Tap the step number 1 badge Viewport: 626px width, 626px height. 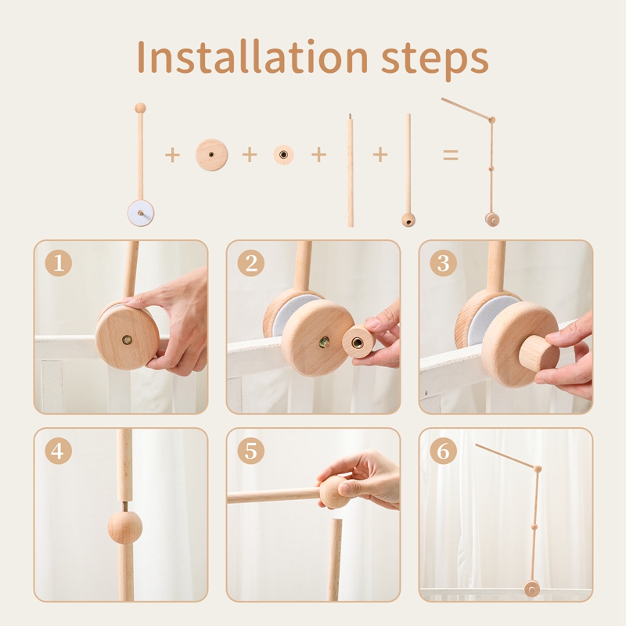pyautogui.click(x=58, y=263)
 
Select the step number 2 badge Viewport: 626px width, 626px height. pyautogui.click(x=250, y=263)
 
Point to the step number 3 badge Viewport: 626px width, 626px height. pyautogui.click(x=443, y=263)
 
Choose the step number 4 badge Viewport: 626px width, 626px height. pyautogui.click(x=58, y=452)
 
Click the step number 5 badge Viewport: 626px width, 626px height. pyautogui.click(x=250, y=452)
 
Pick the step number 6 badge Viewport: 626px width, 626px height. pyautogui.click(x=443, y=452)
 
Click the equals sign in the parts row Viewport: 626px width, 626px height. pyautogui.click(x=451, y=155)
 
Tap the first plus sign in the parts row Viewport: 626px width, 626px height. pyautogui.click(x=172, y=155)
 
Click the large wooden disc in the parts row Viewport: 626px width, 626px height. pyautogui.click(x=211, y=155)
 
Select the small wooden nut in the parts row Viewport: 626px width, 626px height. pyautogui.click(x=283, y=155)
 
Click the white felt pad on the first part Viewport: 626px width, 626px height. pyautogui.click(x=142, y=211)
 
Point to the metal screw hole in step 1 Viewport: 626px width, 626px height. pyautogui.click(x=127, y=340)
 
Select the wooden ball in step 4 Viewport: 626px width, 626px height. pyautogui.click(x=125, y=527)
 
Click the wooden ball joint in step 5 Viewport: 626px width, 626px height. pyautogui.click(x=334, y=491)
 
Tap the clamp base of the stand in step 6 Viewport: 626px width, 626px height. pyautogui.click(x=532, y=588)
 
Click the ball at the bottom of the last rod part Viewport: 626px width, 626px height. pyautogui.click(x=408, y=221)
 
